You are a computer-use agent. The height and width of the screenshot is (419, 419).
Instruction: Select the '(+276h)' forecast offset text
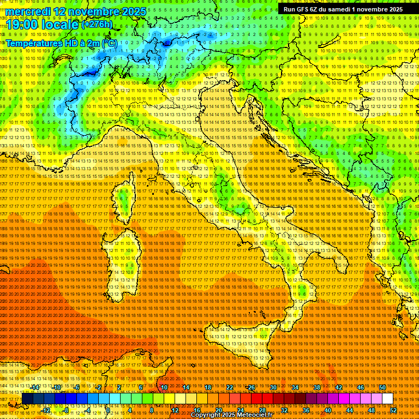[x=97, y=24]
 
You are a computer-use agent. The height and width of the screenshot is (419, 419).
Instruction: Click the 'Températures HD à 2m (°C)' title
[x=61, y=43]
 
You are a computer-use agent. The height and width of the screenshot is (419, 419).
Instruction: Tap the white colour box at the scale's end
[x=387, y=399]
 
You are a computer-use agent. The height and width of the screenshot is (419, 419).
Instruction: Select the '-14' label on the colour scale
[x=35, y=387]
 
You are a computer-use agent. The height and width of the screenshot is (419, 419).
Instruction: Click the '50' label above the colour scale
[x=382, y=387]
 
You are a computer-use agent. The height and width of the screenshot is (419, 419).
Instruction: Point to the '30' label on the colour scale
[x=273, y=387]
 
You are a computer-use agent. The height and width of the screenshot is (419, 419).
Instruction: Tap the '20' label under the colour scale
[x=218, y=410]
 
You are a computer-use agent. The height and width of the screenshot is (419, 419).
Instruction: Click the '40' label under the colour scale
[x=327, y=410]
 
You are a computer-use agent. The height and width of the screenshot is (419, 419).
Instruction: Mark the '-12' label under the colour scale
[x=46, y=410]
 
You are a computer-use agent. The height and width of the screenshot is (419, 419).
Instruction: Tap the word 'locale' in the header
[x=59, y=25]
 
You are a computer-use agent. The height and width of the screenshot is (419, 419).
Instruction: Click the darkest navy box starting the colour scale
[x=27, y=399]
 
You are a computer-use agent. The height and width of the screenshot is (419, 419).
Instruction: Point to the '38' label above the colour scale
[x=317, y=387]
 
